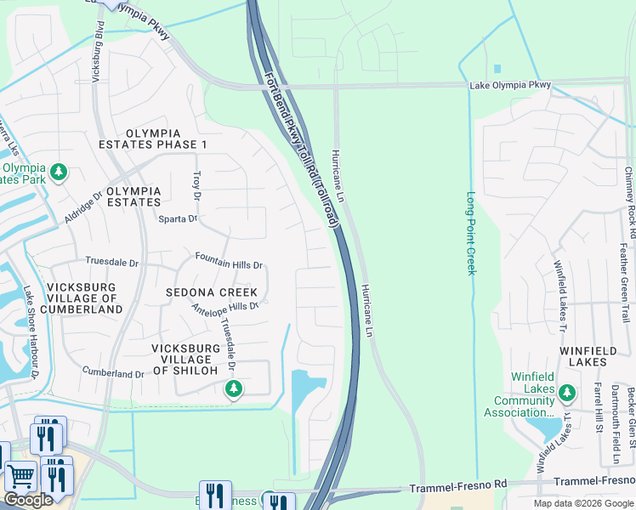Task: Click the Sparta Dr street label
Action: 178,218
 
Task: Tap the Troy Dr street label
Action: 197,181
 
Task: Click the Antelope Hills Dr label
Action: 224,307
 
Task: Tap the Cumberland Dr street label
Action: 113,373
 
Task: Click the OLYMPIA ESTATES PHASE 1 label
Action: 166,139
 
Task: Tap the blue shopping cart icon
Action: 20,478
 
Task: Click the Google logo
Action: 28,500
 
